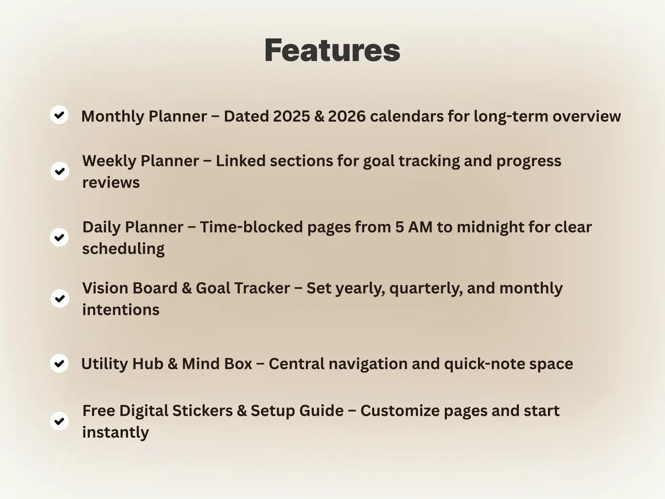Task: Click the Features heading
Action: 332,50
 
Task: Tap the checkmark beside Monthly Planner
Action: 59,115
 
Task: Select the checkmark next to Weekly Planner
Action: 60,171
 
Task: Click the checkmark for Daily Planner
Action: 59,237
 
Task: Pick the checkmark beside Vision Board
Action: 60,298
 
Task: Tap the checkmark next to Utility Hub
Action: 59,363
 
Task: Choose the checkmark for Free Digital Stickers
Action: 59,421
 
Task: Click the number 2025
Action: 292,116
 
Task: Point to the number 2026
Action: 347,116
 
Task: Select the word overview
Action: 587,116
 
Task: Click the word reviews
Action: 111,182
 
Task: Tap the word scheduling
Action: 123,249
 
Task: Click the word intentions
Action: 121,310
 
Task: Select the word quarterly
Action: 426,288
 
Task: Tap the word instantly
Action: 115,432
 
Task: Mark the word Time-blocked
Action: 251,227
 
